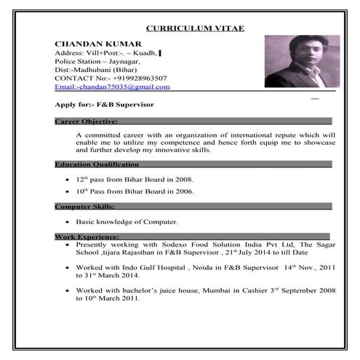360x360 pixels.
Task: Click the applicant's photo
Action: click(x=296, y=63)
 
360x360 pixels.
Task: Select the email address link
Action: click(x=113, y=87)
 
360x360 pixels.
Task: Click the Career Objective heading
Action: click(x=86, y=121)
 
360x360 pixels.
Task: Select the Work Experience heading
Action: click(x=87, y=237)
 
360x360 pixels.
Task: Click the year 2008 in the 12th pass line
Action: click(x=183, y=178)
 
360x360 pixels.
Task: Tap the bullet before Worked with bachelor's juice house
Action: click(x=68, y=291)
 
